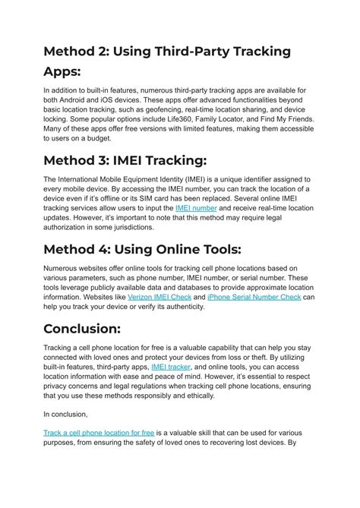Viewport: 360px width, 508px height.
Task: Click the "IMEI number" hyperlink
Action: pyautogui.click(x=196, y=207)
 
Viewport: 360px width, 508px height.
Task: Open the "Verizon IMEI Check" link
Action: pyautogui.click(x=159, y=297)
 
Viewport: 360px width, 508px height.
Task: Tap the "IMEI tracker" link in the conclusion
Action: pyautogui.click(x=171, y=366)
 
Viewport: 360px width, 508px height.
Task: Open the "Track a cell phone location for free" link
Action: pyautogui.click(x=99, y=432)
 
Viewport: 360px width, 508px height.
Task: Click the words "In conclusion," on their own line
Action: pyautogui.click(x=66, y=414)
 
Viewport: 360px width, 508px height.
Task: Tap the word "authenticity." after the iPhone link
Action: pyautogui.click(x=185, y=307)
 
